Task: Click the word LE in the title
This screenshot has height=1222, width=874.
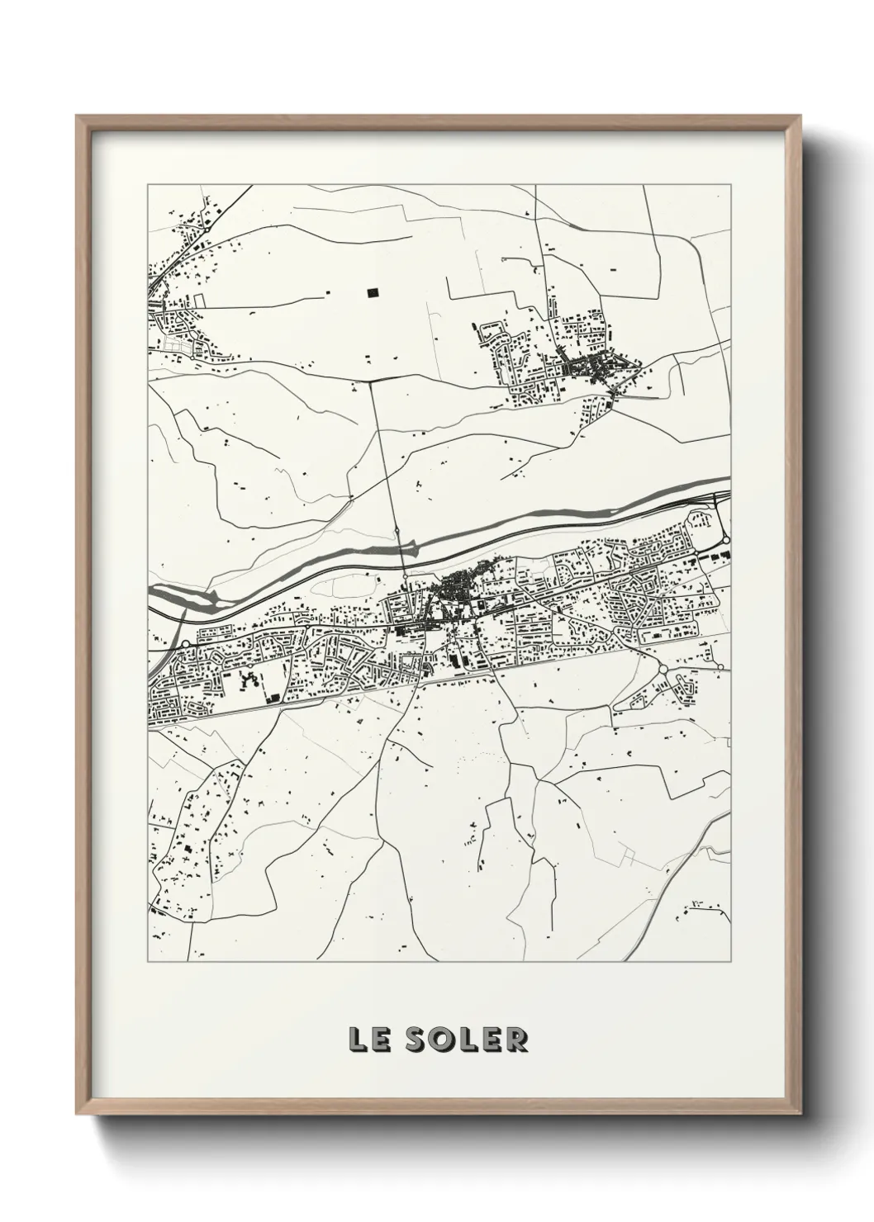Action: click(367, 1040)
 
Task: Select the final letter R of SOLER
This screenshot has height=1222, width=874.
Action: click(516, 1040)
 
